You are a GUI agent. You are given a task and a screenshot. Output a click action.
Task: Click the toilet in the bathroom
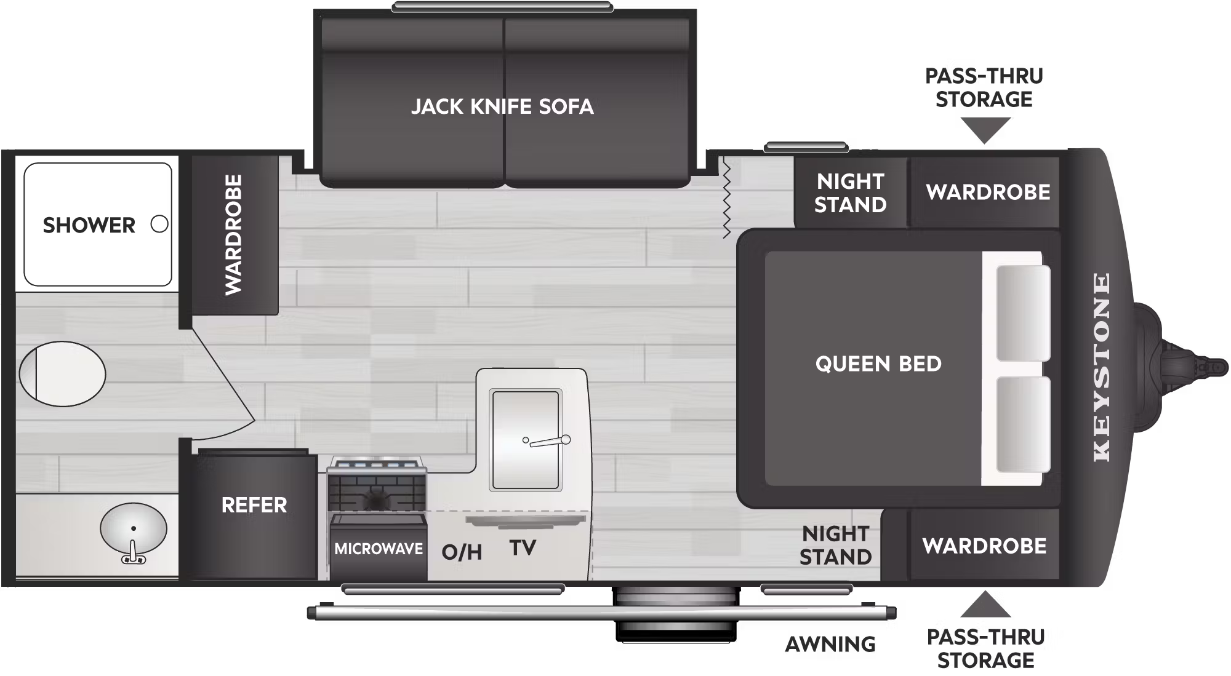click(x=62, y=373)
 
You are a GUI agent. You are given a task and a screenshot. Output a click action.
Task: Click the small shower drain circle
click(x=159, y=224)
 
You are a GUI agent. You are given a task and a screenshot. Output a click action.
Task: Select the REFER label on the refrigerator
click(x=254, y=505)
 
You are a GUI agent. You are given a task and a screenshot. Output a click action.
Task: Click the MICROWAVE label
click(x=379, y=549)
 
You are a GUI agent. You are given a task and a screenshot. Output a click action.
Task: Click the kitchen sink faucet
click(x=547, y=440)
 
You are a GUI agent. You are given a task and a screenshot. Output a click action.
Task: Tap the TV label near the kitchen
click(x=523, y=547)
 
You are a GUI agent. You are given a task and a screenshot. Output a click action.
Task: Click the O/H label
click(x=462, y=552)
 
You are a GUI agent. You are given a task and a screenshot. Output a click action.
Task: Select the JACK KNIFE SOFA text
click(x=502, y=106)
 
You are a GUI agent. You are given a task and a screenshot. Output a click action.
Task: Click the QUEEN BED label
click(x=878, y=364)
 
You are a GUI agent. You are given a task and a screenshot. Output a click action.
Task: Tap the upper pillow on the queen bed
click(x=1023, y=313)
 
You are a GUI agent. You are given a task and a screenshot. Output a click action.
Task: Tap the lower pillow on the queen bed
click(x=1023, y=425)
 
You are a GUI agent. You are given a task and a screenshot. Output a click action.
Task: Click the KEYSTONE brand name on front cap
click(x=1102, y=367)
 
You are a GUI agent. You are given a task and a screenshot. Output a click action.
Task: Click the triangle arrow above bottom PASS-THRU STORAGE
click(x=985, y=605)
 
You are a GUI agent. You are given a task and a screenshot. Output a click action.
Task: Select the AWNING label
click(x=830, y=644)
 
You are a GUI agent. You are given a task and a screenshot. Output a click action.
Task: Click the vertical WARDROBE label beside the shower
click(x=233, y=234)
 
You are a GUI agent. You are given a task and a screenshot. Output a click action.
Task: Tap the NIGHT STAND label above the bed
click(x=851, y=193)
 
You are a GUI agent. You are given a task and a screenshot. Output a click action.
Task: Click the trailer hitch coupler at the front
click(x=1182, y=364)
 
